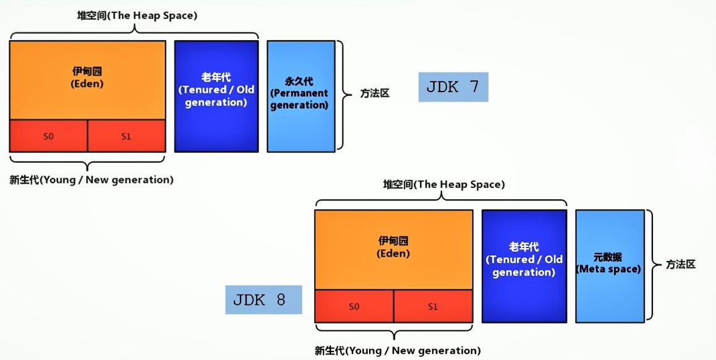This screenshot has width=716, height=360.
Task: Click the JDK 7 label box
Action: [x=453, y=87]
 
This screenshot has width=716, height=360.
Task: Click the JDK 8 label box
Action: [x=263, y=300]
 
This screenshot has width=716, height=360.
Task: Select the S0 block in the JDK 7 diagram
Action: [x=48, y=136]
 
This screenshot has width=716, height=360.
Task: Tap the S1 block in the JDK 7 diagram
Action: [x=126, y=136]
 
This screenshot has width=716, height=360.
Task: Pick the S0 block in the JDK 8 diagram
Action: [x=354, y=306]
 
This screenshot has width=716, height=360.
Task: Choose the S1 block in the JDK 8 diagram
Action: [x=433, y=306]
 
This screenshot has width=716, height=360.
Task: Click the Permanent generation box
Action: [x=300, y=96]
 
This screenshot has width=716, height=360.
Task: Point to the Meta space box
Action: [x=609, y=266]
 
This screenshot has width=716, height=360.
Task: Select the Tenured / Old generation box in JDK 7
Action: [x=216, y=96]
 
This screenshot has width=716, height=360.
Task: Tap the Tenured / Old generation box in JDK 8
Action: [x=524, y=266]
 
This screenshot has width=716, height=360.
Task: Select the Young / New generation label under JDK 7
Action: [x=91, y=180]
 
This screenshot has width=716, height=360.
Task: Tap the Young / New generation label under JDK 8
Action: [x=398, y=351]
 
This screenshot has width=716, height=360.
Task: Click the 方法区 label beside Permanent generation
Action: [x=375, y=94]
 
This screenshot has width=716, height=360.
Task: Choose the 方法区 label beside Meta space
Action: [x=681, y=264]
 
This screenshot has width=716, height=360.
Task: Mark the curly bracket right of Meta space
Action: [x=650, y=265]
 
